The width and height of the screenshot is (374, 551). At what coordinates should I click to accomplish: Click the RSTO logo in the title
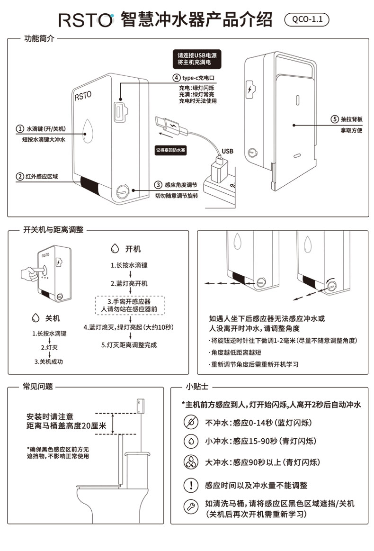click(86, 20)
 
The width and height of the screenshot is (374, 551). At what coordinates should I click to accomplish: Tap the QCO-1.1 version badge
click(307, 20)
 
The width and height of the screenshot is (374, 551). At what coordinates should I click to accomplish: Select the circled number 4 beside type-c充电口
click(176, 78)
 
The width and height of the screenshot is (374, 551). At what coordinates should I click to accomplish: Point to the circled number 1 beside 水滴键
click(20, 129)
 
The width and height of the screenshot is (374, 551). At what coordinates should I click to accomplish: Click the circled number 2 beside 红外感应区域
click(20, 177)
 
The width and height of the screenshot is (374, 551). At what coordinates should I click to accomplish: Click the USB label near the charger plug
click(228, 151)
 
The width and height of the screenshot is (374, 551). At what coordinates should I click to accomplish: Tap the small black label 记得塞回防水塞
click(171, 150)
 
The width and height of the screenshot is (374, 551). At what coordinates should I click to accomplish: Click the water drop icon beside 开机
click(114, 249)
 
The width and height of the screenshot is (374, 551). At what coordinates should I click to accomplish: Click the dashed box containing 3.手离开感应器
click(129, 305)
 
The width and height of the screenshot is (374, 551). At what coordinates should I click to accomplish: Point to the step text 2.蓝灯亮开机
click(129, 283)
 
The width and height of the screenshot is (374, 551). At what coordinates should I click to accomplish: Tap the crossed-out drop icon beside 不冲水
click(191, 423)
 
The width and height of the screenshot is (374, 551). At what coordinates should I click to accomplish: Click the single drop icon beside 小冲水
click(191, 441)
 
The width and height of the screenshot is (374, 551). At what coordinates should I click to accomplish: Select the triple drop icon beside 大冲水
click(191, 462)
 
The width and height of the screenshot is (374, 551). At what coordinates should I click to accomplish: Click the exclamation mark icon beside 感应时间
click(191, 485)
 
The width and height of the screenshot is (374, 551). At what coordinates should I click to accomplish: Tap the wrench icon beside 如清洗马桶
click(191, 507)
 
